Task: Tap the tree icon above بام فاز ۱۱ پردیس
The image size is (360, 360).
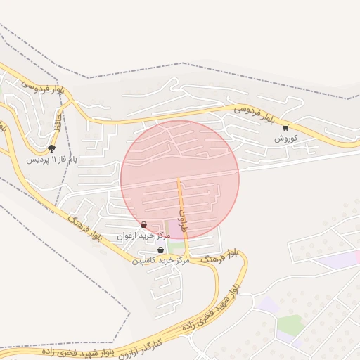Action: [x=51, y=148]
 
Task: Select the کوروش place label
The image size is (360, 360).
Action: [x=286, y=138]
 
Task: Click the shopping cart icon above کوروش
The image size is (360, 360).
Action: [x=285, y=127]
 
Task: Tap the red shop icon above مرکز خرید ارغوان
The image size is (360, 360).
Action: [x=144, y=225]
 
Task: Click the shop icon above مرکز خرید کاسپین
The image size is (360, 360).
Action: [x=161, y=250]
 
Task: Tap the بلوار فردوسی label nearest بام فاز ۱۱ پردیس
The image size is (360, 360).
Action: [x=43, y=88]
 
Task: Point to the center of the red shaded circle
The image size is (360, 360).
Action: [x=180, y=179]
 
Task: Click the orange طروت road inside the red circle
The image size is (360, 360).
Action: [x=181, y=200]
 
